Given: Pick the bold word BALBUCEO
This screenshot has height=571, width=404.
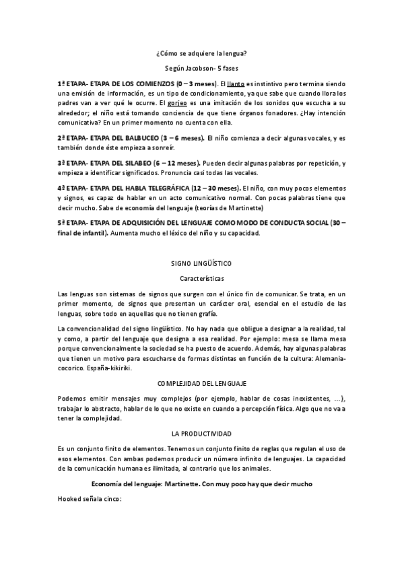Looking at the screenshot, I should [143, 138].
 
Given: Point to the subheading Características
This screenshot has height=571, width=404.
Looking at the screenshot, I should [201, 277].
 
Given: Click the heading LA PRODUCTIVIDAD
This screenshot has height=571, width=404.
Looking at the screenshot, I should [201, 434].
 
